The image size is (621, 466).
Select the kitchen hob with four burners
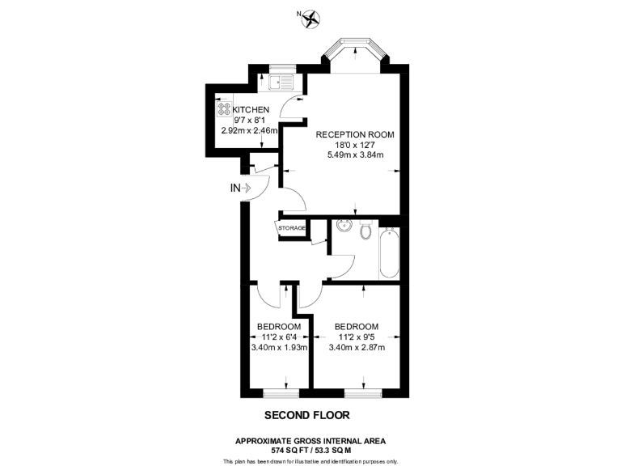coord(223,109)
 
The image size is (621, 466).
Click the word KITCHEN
coord(251,109)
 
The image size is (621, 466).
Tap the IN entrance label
coord(236,189)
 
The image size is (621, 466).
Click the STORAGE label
coord(292,228)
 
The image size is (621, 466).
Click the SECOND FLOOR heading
coord(307,416)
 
